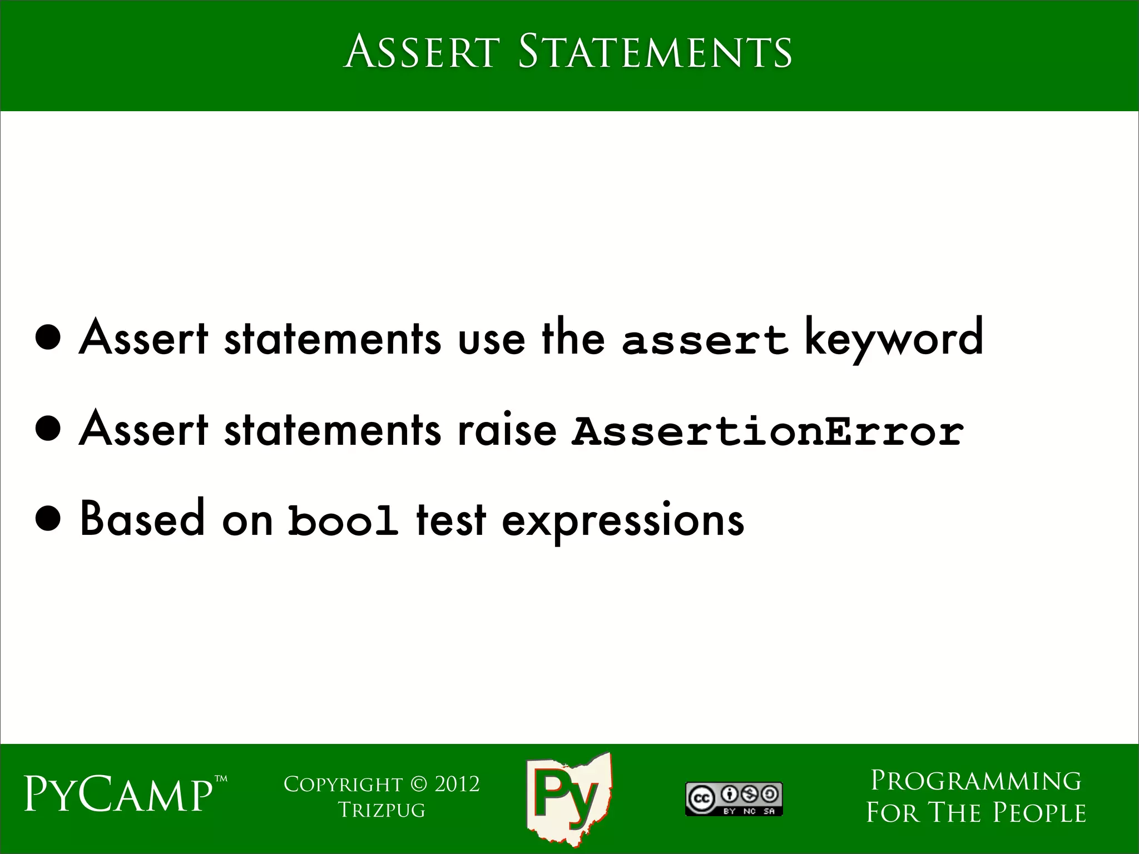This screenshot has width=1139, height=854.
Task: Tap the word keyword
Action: coord(894,338)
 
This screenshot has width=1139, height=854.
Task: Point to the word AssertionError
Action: coord(768,431)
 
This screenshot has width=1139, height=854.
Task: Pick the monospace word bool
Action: coord(343,522)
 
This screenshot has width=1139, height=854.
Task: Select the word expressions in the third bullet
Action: coord(623,522)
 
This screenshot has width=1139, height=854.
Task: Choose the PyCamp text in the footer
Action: coord(118,796)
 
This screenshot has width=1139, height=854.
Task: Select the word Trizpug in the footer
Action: coord(382,810)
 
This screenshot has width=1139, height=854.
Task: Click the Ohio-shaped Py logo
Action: coord(568,798)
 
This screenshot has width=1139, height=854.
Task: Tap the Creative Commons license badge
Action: coord(734,799)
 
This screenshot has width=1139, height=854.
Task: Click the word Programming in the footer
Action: coord(976,781)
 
